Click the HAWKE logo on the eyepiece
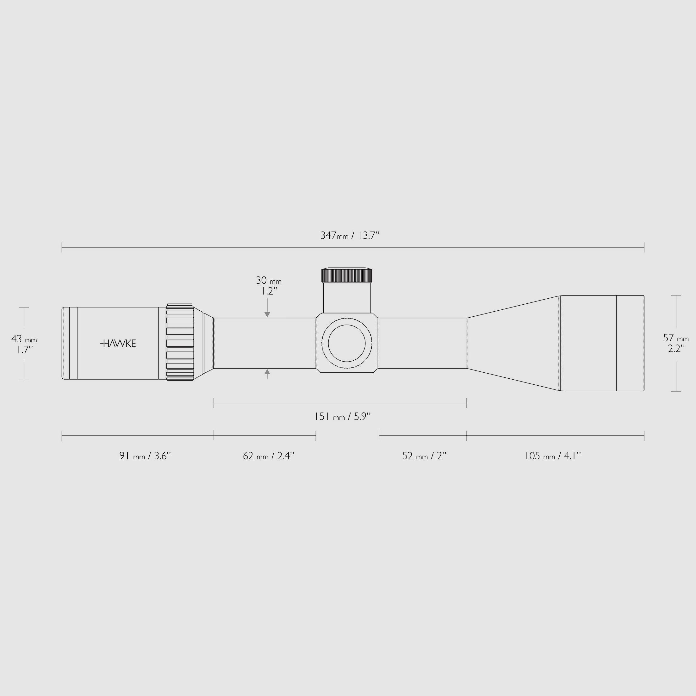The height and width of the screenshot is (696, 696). coord(118,343)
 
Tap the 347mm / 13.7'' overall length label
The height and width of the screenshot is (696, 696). coord(350,236)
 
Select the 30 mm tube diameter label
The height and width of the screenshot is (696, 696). coord(268,280)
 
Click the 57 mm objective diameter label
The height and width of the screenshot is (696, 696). coord(676,338)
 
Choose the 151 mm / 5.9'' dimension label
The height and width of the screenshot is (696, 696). coord(343,416)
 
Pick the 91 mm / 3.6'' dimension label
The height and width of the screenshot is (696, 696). coord(145,456)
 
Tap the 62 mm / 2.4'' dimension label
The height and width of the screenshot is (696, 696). coord(268,456)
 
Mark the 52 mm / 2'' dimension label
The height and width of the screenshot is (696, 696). coord(424,456)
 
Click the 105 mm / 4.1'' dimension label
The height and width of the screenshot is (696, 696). coord(552,456)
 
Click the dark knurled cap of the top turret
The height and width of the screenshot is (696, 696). coord(346,276)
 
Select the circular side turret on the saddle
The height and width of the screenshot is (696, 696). coord(346,343)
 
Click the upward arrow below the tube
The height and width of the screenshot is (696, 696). coord(267,374)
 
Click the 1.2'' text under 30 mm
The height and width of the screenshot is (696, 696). coord(267,291)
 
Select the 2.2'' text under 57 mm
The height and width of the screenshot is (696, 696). coord(676,348)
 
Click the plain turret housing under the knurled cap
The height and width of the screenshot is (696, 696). coord(346,298)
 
